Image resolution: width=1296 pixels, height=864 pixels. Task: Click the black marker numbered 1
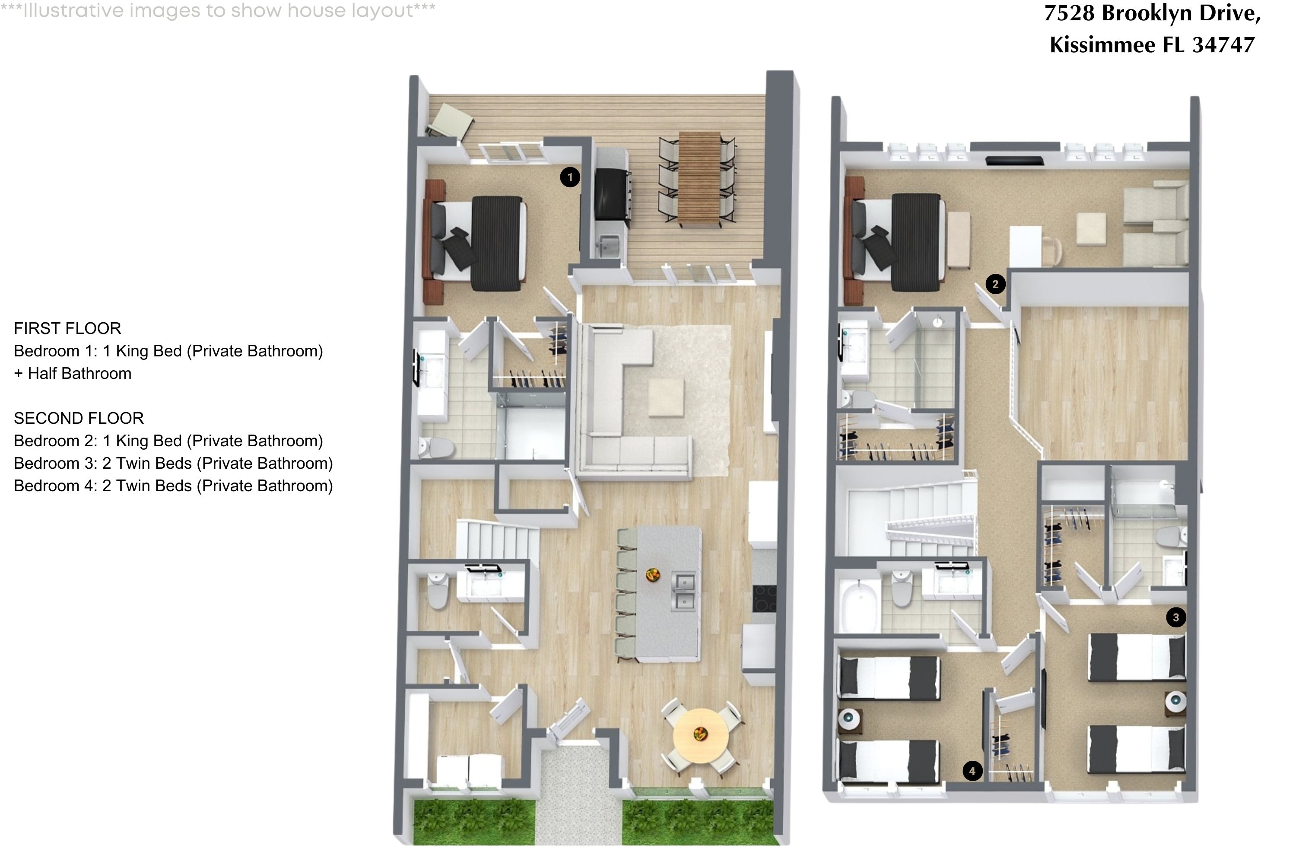pos(570,178)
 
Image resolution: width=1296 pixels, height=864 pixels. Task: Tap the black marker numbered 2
pos(995,284)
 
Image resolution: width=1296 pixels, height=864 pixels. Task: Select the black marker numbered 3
pos(1176,617)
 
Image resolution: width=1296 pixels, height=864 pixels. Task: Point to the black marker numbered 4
pos(972,771)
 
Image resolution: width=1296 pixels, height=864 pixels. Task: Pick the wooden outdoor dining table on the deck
pos(700,179)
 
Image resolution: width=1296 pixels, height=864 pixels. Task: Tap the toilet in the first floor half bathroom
pos(438,591)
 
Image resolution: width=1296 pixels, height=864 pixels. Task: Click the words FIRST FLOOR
pos(67,328)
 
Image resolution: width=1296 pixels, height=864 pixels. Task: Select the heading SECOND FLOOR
pos(79,418)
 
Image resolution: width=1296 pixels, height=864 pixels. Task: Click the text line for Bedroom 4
pos(173,486)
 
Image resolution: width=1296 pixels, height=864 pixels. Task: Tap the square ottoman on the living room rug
pos(666,398)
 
